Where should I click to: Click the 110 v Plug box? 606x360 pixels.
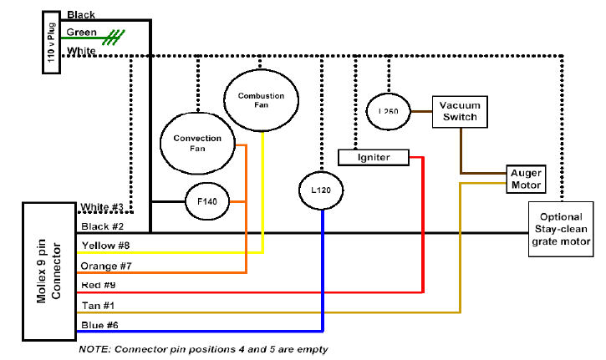pyautogui.click(x=51, y=42)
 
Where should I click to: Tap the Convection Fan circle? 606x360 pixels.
pyautogui.click(x=196, y=143)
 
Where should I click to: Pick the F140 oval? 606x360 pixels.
pyautogui.click(x=206, y=201)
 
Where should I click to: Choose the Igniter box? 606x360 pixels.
pyautogui.click(x=374, y=156)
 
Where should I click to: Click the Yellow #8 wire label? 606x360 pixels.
pyautogui.click(x=106, y=246)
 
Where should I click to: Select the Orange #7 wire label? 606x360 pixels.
pyautogui.click(x=106, y=266)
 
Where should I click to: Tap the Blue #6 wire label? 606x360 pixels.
pyautogui.click(x=99, y=326)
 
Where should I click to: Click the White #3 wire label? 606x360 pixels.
pyautogui.click(x=102, y=207)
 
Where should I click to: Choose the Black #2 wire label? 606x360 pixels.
pyautogui.click(x=102, y=226)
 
